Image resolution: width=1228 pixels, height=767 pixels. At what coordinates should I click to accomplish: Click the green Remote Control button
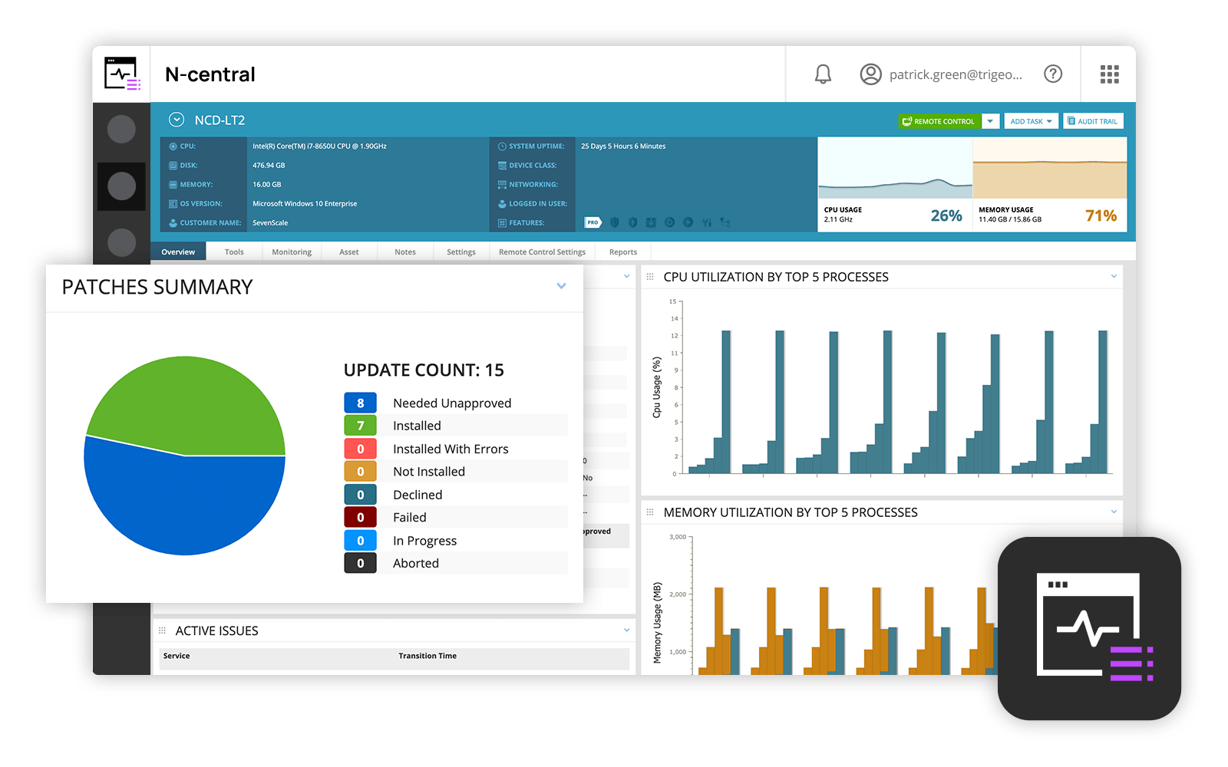[939, 121]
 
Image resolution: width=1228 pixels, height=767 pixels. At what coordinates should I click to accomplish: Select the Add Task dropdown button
[1031, 121]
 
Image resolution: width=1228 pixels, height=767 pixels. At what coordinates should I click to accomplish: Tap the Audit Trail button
[1093, 121]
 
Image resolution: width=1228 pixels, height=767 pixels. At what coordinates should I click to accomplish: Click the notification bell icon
[823, 74]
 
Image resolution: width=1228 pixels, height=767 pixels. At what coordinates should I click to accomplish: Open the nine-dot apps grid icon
[1109, 74]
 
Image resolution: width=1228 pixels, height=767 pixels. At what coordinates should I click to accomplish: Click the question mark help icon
[1053, 74]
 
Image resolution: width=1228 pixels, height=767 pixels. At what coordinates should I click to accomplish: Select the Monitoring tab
[292, 252]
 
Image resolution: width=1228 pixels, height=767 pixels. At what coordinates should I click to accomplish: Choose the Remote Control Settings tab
[542, 252]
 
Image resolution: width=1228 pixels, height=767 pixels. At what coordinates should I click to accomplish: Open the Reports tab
[622, 252]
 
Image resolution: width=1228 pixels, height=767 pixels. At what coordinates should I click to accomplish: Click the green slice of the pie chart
[192, 403]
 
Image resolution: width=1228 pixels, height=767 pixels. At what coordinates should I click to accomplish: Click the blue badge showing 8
[360, 403]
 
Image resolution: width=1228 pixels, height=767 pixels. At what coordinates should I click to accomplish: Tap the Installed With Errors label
[451, 449]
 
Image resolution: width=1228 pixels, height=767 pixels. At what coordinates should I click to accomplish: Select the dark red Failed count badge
[360, 518]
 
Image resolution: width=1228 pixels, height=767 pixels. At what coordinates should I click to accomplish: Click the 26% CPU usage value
[946, 216]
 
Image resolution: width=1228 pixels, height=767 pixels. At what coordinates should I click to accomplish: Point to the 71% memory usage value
[1101, 216]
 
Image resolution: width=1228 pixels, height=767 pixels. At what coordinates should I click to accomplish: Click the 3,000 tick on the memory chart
[678, 537]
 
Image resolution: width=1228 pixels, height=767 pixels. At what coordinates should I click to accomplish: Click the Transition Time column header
[427, 656]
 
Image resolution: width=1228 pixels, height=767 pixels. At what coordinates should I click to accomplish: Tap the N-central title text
[210, 74]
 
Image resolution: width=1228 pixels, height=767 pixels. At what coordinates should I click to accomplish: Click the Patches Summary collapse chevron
[561, 286]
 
